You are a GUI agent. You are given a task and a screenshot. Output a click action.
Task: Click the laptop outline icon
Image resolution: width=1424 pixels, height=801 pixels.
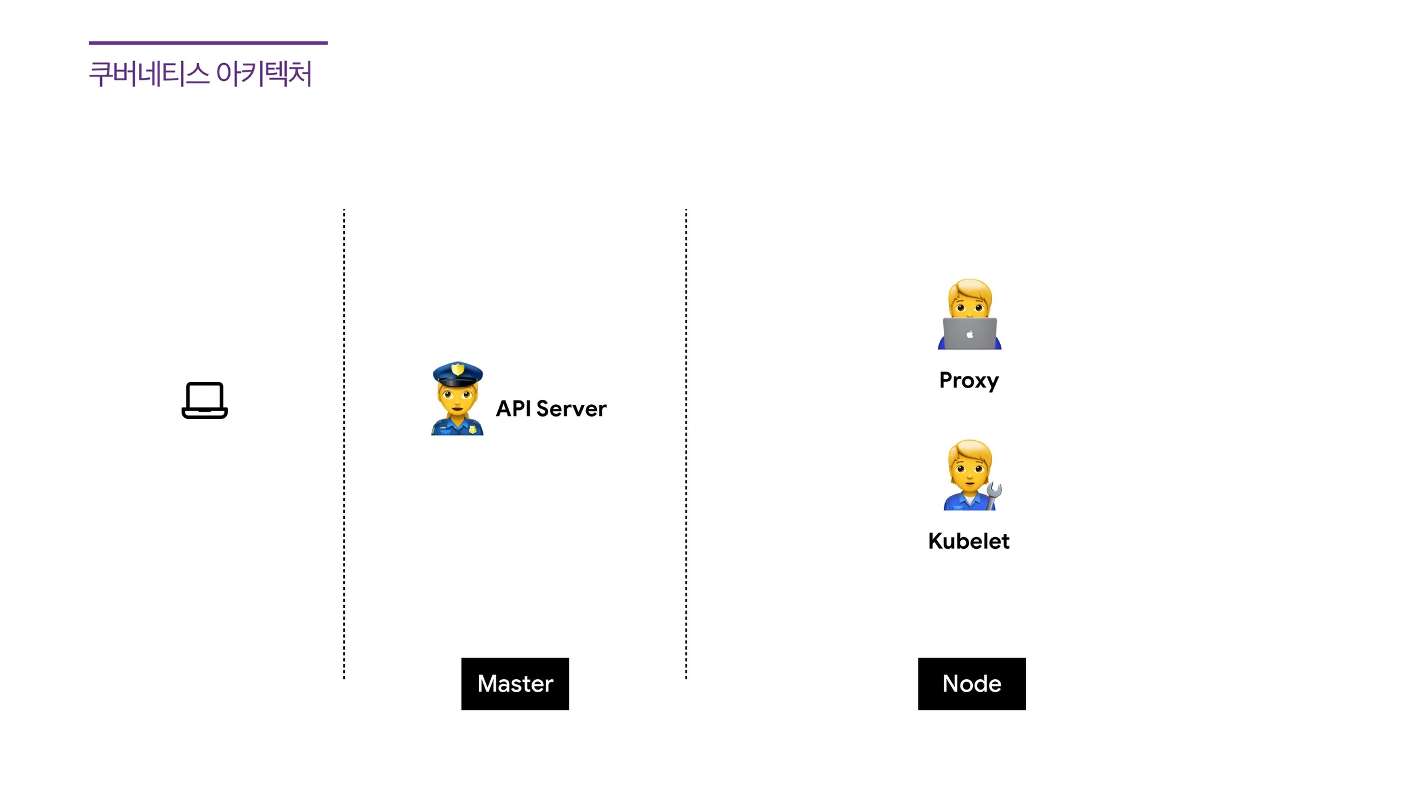(205, 400)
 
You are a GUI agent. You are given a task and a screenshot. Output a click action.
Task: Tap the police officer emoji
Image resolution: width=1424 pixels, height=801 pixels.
(457, 399)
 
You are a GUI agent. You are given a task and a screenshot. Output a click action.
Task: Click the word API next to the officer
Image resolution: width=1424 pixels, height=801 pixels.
(513, 409)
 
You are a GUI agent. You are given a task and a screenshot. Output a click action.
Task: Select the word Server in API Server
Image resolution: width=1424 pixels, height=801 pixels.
(571, 409)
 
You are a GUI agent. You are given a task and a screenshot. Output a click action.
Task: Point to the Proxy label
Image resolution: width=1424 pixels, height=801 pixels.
(968, 380)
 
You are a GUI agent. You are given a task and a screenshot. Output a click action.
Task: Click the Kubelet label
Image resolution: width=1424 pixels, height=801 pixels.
(968, 541)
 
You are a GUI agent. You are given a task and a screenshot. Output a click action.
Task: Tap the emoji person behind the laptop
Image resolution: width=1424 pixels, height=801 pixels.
(970, 314)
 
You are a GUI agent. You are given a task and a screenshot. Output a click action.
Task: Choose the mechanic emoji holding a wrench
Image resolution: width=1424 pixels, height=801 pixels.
(970, 475)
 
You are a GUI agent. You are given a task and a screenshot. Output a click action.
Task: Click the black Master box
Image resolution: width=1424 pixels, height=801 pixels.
(515, 684)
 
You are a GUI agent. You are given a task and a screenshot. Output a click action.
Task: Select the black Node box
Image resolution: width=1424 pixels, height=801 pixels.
(972, 684)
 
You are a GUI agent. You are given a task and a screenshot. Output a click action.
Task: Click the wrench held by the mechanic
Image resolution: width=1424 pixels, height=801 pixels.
(993, 494)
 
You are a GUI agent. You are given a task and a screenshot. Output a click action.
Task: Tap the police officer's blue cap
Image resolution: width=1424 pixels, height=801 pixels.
(457, 373)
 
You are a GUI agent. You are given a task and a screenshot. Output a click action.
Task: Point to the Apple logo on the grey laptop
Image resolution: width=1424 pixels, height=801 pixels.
(970, 334)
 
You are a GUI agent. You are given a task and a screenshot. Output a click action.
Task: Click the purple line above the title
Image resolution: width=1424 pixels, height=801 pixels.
(208, 43)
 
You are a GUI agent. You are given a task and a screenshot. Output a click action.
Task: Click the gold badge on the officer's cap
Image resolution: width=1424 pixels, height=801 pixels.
(457, 369)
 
